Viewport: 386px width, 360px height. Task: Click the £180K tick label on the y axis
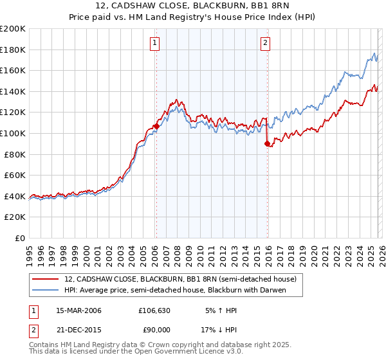coord(13,50)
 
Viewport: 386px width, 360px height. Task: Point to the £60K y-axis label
coord(15,175)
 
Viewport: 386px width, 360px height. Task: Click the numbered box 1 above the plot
coord(156,43)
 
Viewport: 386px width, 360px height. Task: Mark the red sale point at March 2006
coord(156,127)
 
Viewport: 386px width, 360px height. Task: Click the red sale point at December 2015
coord(267,144)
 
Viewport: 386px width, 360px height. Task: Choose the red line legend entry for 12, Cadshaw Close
coord(180,279)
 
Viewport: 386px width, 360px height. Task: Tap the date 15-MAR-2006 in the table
coord(78,310)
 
